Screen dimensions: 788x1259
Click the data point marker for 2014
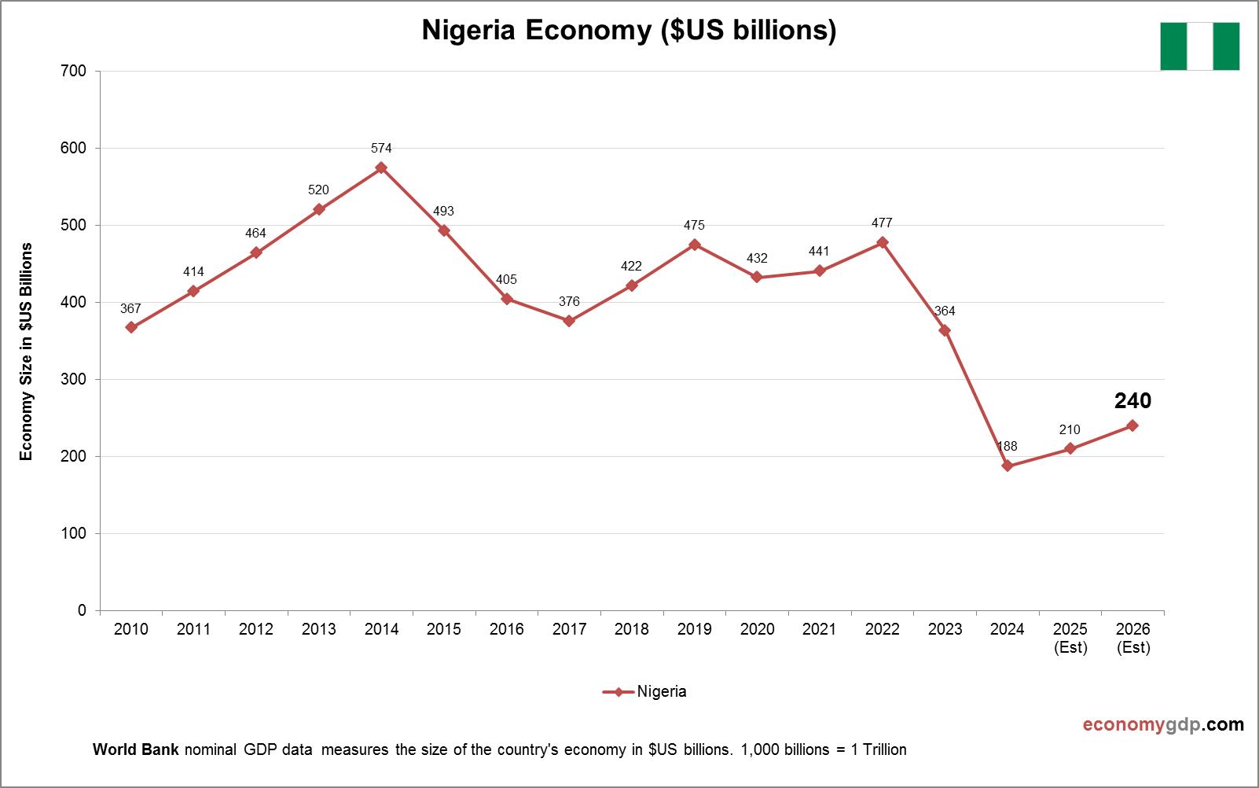[x=381, y=168]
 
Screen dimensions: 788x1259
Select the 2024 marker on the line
[x=1008, y=466]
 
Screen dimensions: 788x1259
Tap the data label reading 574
[x=381, y=148]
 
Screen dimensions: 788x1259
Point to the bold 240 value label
[x=1132, y=401]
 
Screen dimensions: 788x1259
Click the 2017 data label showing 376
[x=569, y=301]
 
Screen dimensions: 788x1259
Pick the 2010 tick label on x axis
[x=131, y=629]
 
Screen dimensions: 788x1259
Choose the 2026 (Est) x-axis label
[x=1132, y=638]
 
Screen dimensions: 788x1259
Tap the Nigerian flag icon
[x=1199, y=46]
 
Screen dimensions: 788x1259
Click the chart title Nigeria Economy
[x=629, y=30]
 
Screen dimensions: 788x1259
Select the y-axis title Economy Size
[x=27, y=352]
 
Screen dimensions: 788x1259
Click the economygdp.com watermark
[x=1163, y=724]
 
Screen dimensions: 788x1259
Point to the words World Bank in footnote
[x=136, y=749]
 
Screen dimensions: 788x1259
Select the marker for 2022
[x=882, y=242]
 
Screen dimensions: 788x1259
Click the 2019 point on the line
[x=694, y=245]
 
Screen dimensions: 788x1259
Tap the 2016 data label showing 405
[x=506, y=279]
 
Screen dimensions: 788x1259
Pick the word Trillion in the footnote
[x=884, y=749]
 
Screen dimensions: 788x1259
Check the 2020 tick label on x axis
[x=757, y=629]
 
